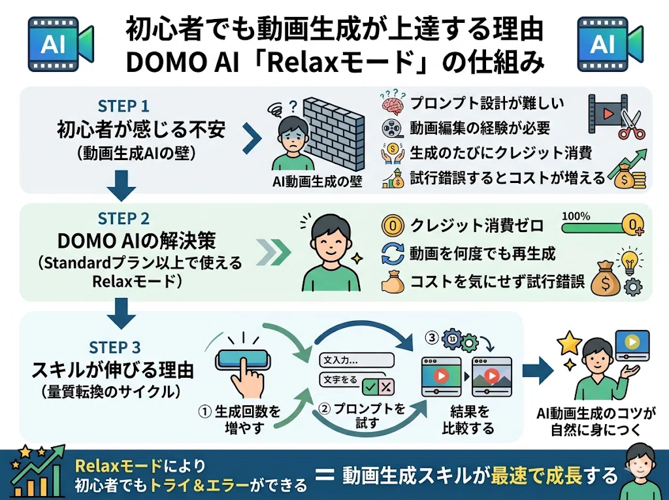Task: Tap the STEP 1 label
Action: click(123, 105)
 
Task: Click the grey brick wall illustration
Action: click(334, 134)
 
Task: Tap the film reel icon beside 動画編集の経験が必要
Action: click(392, 128)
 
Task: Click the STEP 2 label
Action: click(123, 218)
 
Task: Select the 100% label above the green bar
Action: click(576, 216)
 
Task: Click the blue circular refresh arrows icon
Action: click(393, 254)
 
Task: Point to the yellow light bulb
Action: click(629, 261)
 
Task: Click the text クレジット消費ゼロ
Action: click(477, 225)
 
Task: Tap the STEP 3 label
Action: click(115, 347)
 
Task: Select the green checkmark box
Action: click(370, 388)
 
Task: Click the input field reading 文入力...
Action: click(357, 360)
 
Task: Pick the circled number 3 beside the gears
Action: click(432, 338)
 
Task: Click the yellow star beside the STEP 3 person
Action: click(570, 342)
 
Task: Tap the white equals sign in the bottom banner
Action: click(325, 475)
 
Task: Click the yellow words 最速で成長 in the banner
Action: click(536, 475)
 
